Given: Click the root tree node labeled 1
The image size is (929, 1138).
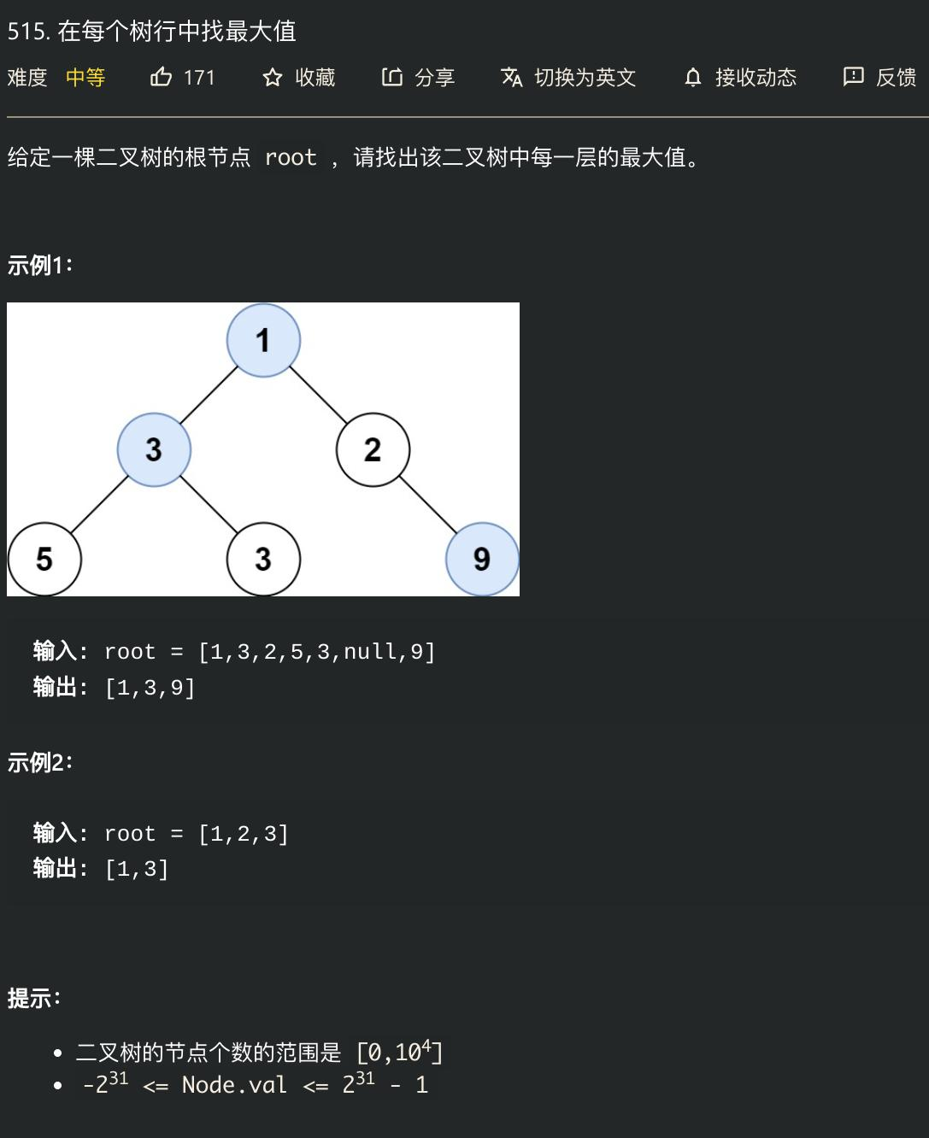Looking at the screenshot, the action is coord(263,340).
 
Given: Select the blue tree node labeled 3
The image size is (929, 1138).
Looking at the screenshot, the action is coord(154,449).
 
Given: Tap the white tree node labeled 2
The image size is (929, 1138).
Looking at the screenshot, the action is coord(373,449).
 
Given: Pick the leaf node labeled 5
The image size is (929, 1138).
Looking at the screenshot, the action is coord(44,560).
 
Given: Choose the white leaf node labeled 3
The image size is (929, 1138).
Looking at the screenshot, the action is coord(263,560).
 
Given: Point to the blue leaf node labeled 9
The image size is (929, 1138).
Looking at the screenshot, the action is coord(482,560).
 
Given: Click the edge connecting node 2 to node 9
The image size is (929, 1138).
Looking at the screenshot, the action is coord(427,505).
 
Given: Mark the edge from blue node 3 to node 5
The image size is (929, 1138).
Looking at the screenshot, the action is coord(99,505).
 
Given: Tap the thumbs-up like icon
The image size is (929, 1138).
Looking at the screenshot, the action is coord(161,78).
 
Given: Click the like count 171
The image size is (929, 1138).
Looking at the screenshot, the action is coord(199,78).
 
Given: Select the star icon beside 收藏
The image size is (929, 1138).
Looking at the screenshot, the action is coord(273,78).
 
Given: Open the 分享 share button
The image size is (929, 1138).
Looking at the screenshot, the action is coord(418,78).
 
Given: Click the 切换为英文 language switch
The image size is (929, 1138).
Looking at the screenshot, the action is coord(569,78).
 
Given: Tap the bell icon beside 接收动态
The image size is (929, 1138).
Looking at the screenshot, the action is coord(693,78).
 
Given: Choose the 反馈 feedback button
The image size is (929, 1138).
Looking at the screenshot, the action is coord(880,78).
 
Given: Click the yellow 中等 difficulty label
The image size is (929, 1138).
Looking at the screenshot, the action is coord(85,78).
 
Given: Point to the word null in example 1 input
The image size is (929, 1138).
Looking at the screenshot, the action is coord(370,652).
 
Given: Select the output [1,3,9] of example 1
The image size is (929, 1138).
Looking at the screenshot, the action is coord(150,688).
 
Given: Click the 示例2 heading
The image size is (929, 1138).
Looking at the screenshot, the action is coord(39,762).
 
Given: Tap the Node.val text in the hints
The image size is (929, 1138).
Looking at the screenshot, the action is coord(234,1085).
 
